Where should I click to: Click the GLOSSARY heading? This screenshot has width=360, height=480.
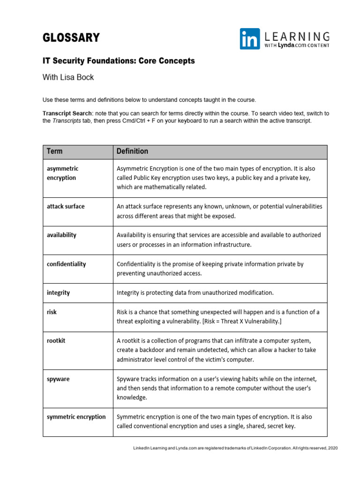pos(71,38)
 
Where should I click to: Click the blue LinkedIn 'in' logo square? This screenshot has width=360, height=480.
pos(250,39)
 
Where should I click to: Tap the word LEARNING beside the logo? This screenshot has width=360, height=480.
pos(297,36)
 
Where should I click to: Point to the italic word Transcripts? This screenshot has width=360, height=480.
pos(65,120)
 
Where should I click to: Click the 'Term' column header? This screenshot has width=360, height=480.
pos(54,151)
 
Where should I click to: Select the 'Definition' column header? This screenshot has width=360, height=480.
pos(132,151)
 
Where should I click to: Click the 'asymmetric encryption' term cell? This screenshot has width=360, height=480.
pos(63,173)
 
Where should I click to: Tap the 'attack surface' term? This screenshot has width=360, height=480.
pos(66,206)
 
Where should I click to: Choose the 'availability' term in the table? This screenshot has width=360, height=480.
pos(61,235)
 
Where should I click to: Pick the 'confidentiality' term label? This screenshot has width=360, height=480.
pos(66,264)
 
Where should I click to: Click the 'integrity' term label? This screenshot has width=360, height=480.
pos(58,292)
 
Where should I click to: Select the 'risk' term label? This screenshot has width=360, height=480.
pos(52,312)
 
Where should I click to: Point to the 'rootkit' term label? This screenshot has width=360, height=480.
pos(56,341)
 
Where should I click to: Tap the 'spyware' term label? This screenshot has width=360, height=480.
pos(58,379)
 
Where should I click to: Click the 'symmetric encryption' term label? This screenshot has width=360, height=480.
pos(76,417)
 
